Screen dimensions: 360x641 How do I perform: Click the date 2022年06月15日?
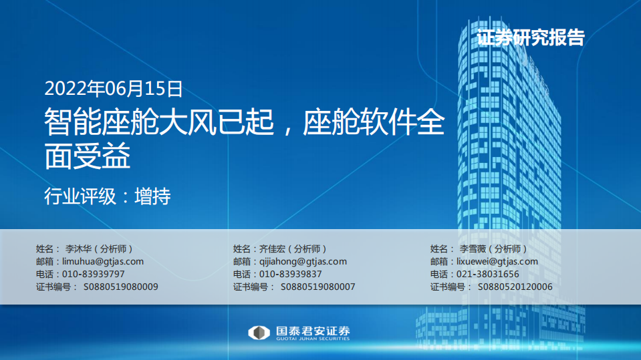coord(113,88)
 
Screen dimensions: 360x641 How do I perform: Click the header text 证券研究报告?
coord(531,38)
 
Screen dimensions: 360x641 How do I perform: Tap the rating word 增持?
coord(152,197)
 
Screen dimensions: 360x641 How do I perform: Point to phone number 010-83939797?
coord(93,275)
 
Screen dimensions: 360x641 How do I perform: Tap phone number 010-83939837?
coord(290,275)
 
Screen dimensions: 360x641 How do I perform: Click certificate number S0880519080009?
coord(120,287)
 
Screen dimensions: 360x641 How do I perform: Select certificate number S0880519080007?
coord(317,287)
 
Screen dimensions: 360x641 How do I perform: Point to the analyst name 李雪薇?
coord(472,248)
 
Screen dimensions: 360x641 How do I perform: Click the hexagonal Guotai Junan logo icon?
coord(258,333)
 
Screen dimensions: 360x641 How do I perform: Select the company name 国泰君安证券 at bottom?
coord(312,331)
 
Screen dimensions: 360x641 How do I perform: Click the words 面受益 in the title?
coord(87,158)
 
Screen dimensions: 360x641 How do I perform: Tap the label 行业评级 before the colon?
coord(72,197)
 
